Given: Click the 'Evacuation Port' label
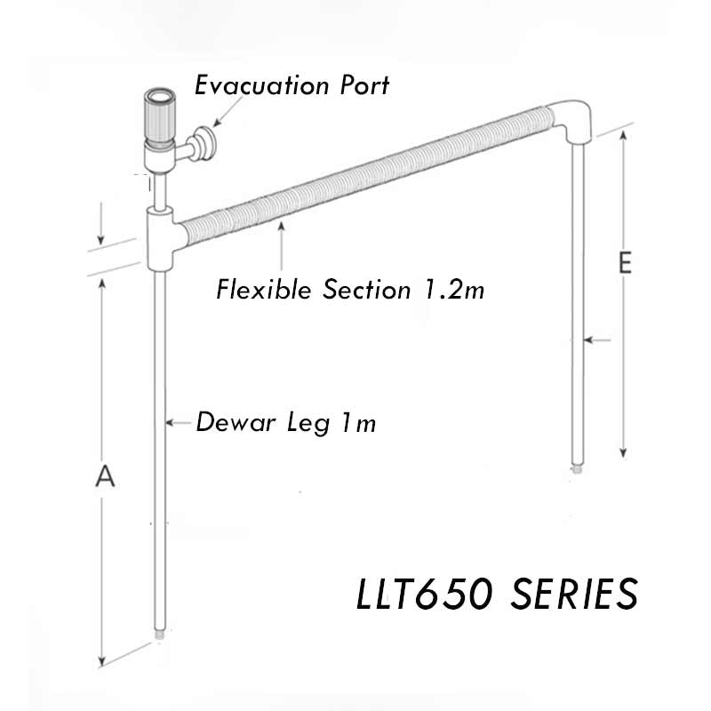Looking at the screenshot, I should pos(292,86).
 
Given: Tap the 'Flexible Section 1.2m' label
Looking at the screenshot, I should pos(351,290).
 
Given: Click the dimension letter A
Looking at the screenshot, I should pos(105,477).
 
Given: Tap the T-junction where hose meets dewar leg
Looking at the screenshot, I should pos(162,236).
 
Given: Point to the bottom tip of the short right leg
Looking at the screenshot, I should pos(578,463).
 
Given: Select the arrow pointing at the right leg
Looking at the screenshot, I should pos(594,340).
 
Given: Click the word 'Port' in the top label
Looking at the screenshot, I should pos(363,86).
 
